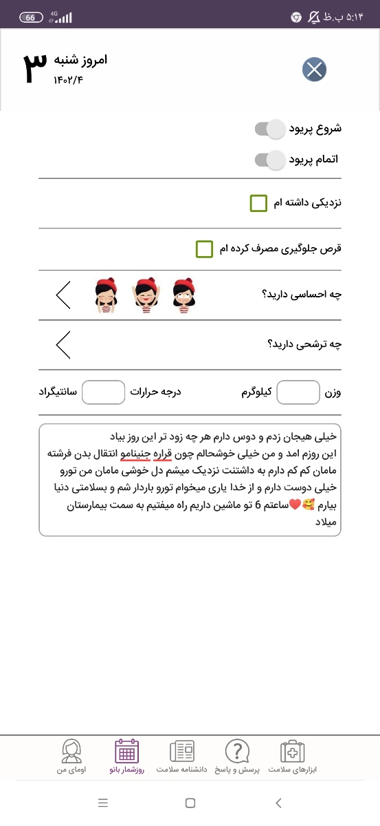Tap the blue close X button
[x=314, y=69]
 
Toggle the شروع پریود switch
[x=269, y=129]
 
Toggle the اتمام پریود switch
[x=269, y=160]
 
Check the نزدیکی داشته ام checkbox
[x=258, y=204]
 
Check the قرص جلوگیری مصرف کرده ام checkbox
[x=204, y=248]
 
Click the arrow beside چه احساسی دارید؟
[x=63, y=295]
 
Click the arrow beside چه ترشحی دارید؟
[x=63, y=344]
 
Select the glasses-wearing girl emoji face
[x=181, y=296]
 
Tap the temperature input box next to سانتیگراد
[x=102, y=393]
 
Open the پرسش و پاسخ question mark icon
[x=237, y=752]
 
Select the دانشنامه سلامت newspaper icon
[x=182, y=752]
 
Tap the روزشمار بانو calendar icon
[x=126, y=752]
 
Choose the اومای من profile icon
[x=71, y=752]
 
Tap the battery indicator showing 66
[x=30, y=17]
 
